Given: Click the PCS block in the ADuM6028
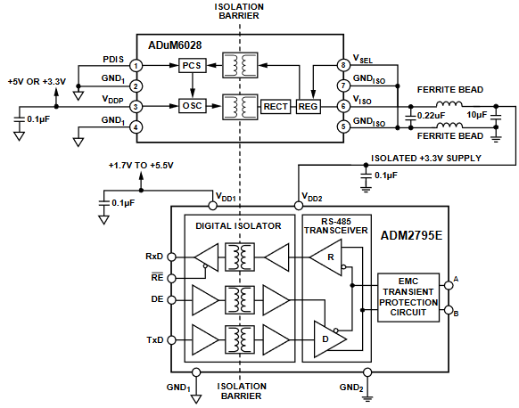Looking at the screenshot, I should pos(192,66).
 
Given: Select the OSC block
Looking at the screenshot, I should pos(192,106).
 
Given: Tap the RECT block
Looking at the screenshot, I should pos(276,106).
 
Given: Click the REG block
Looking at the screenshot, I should pos(309,106).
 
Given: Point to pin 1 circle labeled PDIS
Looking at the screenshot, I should pos(136,66).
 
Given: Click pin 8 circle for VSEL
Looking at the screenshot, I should pos(342,66).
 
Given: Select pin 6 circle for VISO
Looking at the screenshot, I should pos(342,106).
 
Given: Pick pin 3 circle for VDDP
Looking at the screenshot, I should pos(136,106).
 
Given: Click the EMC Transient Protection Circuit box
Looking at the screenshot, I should pos(408,295).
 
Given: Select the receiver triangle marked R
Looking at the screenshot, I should pos(323,257).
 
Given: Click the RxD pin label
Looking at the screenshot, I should pos(154,257).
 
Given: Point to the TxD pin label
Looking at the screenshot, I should pos(154,340).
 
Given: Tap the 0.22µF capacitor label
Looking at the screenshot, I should pos(431,116).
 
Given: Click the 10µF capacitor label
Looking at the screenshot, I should pos(477,116).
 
